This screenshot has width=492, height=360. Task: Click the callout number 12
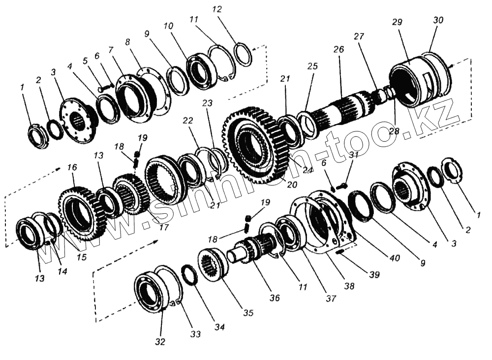click(217, 9)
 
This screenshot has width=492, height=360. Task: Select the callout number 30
click(437, 20)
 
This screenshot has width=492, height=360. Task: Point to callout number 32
click(160, 342)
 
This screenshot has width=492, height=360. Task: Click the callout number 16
click(73, 168)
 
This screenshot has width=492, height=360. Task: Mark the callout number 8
click(129, 42)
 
